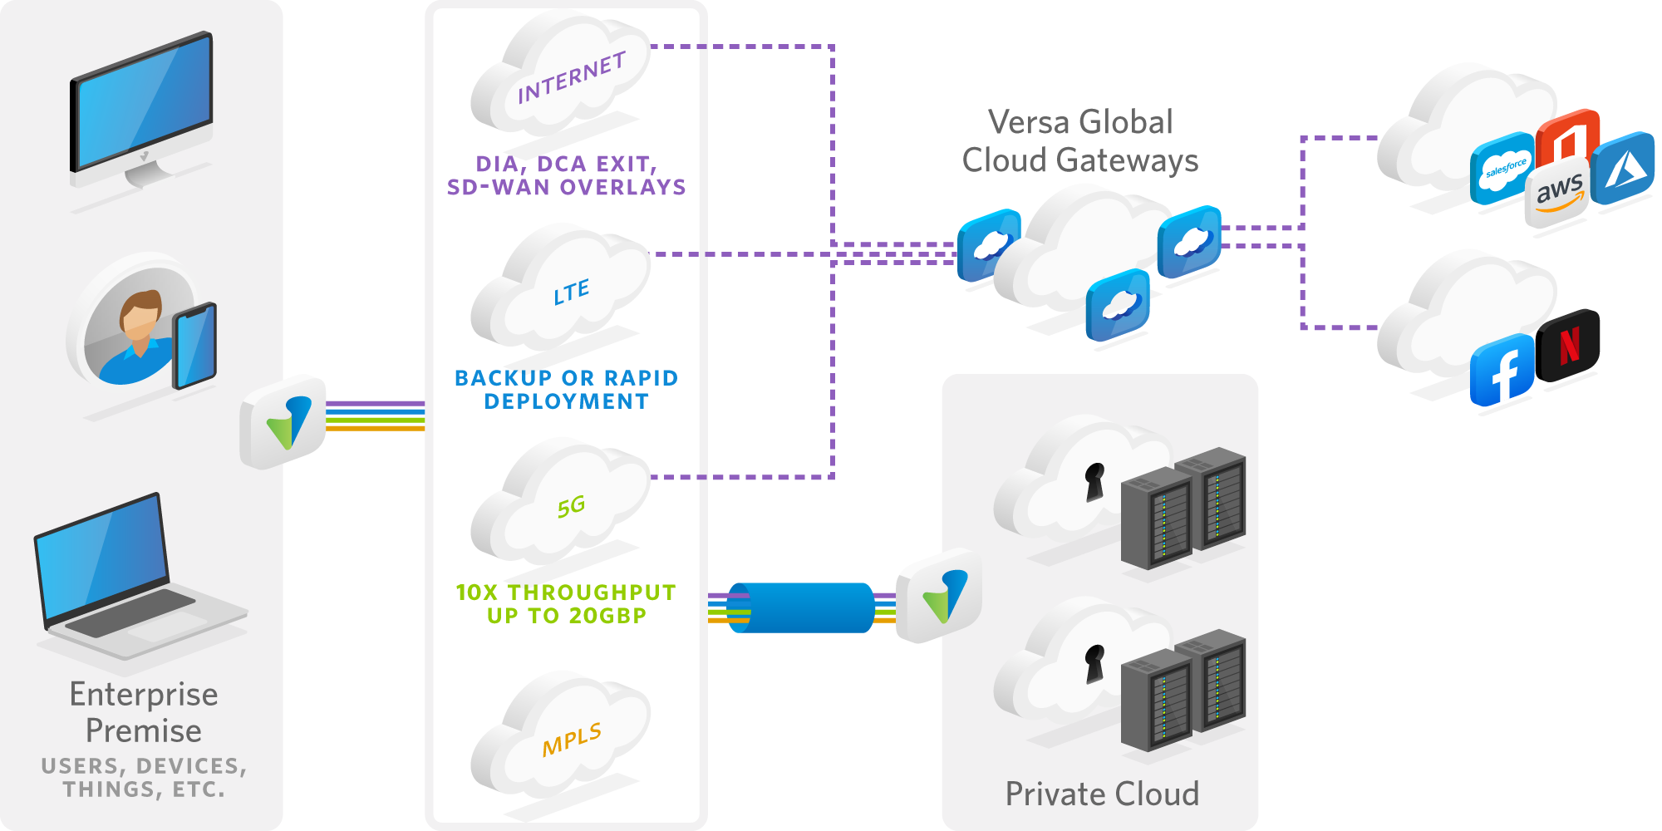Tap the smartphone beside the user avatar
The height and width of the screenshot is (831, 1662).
(x=194, y=346)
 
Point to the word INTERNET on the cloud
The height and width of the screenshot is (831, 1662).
(x=571, y=78)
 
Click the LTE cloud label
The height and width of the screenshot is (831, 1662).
(x=572, y=292)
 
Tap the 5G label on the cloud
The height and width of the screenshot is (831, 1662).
(x=572, y=506)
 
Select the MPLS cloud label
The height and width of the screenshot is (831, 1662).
(x=572, y=739)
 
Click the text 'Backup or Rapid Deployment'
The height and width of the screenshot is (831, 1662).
(x=567, y=390)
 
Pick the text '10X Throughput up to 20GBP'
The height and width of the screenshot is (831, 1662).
(x=567, y=604)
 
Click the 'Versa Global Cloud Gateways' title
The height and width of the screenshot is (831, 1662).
(x=1080, y=141)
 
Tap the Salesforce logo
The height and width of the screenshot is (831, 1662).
(x=1503, y=169)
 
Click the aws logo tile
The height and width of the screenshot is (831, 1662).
(x=1557, y=194)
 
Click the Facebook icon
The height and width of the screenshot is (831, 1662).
(x=1503, y=371)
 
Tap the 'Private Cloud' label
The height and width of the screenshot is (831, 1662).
(x=1102, y=794)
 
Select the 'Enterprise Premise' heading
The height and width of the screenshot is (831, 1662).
(x=144, y=712)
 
